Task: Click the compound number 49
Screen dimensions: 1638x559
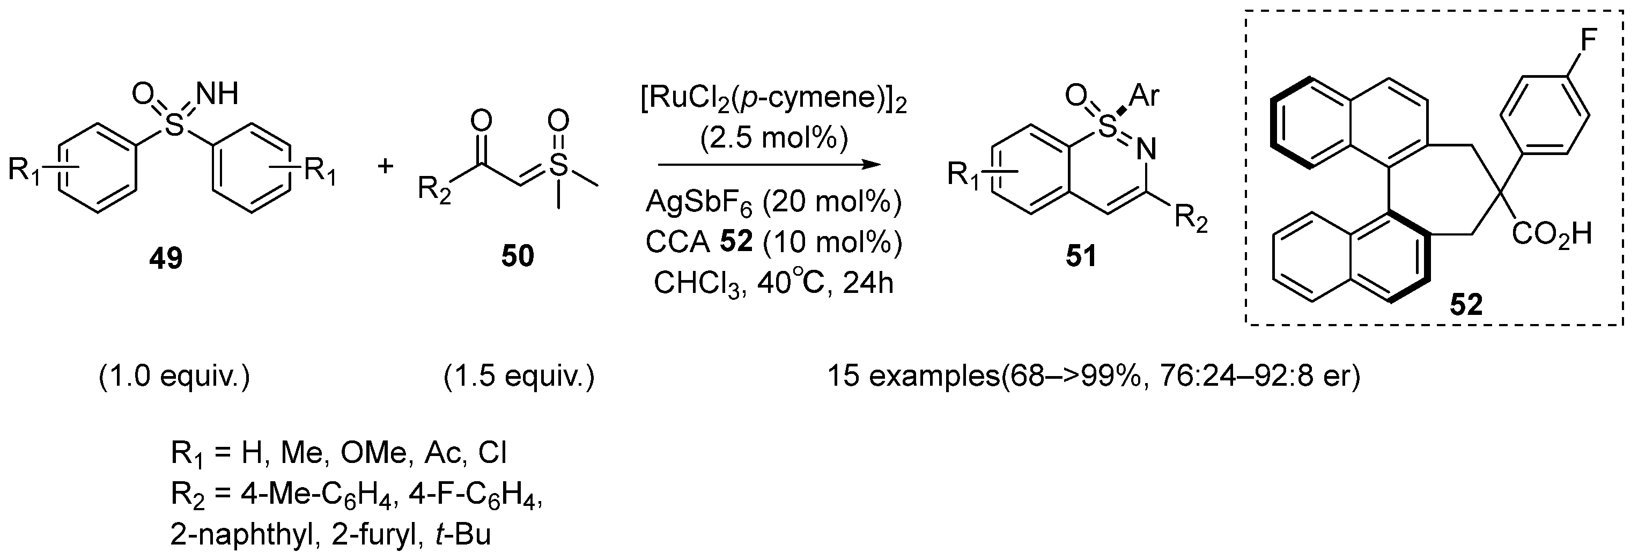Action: (166, 258)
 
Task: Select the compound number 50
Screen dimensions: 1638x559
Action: (517, 256)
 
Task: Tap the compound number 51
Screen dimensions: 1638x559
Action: (1081, 256)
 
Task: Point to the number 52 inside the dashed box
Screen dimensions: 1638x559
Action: (1466, 306)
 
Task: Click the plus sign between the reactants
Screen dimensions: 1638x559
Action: (385, 167)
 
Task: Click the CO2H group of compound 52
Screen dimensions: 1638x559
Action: (1551, 234)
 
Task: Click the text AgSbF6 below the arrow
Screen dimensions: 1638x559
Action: (699, 202)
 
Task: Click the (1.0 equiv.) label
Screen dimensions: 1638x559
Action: (175, 377)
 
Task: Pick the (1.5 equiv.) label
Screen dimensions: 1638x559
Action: (519, 377)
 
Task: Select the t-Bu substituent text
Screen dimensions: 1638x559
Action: (463, 535)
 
